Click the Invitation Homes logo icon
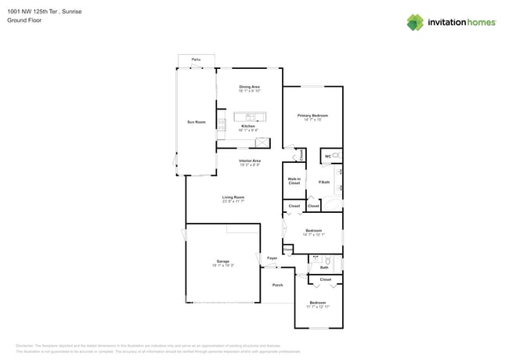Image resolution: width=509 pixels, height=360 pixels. (x=415, y=22)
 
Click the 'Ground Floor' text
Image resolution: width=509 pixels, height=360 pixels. (x=25, y=20)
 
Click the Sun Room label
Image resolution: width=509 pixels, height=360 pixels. (x=196, y=122)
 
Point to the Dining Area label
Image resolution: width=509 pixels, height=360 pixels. (x=249, y=86)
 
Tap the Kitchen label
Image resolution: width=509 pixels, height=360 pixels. (x=247, y=126)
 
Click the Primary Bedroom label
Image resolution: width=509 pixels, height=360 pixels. (x=312, y=116)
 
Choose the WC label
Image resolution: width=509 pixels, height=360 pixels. (x=327, y=157)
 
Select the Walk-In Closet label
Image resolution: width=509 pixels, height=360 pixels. (x=294, y=181)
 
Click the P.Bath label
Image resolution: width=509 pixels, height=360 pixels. (x=323, y=182)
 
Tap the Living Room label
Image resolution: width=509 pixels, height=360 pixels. (x=233, y=197)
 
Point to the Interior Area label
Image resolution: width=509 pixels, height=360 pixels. (x=250, y=160)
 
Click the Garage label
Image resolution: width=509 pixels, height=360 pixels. (x=222, y=261)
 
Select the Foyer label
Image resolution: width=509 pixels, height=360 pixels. (x=272, y=257)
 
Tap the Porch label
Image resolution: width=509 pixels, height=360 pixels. (x=277, y=285)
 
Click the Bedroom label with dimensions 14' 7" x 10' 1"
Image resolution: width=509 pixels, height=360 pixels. (x=313, y=231)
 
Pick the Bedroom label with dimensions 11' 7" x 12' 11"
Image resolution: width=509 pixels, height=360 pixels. (x=317, y=302)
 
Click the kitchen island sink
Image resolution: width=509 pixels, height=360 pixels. (x=250, y=117)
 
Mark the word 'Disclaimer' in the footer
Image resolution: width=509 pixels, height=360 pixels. (x=27, y=345)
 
